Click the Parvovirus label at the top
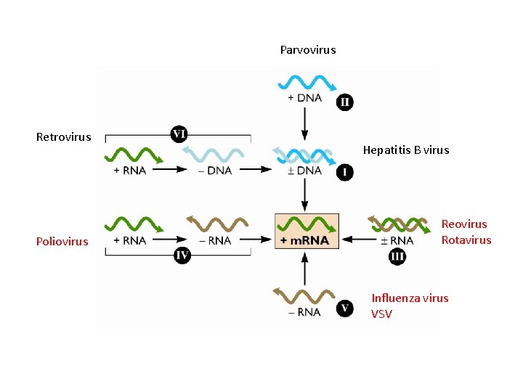tap(308, 50)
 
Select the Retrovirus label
tap(64, 137)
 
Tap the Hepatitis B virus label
tap(406, 150)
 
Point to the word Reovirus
tap(464, 224)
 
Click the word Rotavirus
tap(466, 240)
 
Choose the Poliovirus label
tap(62, 242)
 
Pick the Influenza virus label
tap(410, 298)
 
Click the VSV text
tap(381, 314)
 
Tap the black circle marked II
tap(345, 102)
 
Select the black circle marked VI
tap(179, 134)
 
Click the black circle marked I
tap(345, 173)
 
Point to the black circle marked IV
tap(182, 255)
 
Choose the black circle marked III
tap(397, 256)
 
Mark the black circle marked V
tap(345, 309)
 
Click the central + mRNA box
tap(307, 231)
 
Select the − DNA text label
tap(215, 171)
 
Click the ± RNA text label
tap(397, 240)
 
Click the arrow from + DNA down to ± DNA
tap(305, 123)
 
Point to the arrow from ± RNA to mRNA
tap(355, 240)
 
